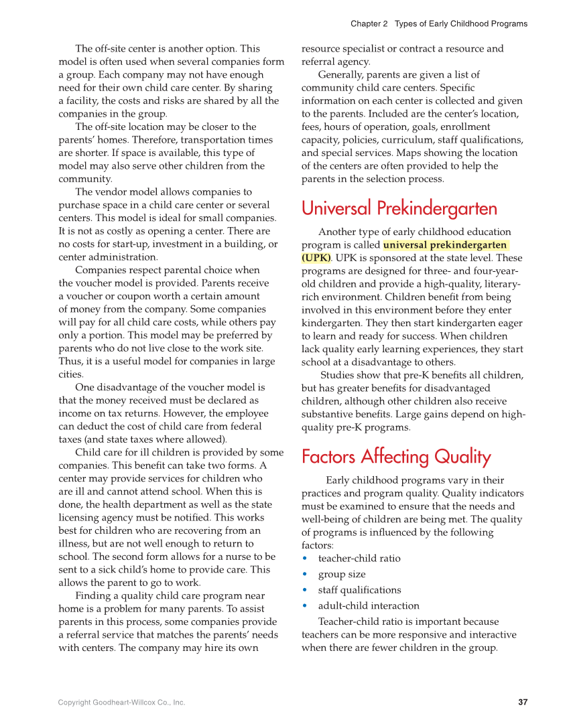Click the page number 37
(x=523, y=703)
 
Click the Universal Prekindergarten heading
(x=399, y=208)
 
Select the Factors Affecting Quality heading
(x=396, y=457)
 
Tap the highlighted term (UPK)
(x=316, y=258)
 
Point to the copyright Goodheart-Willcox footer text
(x=121, y=703)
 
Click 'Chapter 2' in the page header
(x=369, y=24)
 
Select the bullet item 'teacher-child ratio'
(x=359, y=559)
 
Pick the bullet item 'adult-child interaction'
(x=369, y=606)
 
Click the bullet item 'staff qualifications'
(x=359, y=590)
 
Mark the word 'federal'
(x=245, y=427)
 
